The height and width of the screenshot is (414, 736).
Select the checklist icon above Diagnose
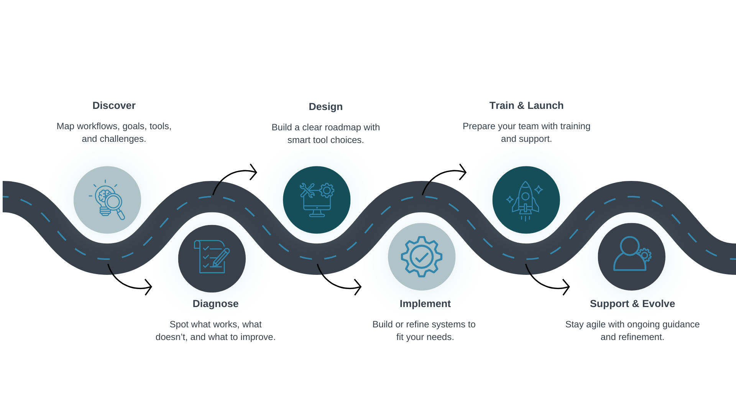point(212,257)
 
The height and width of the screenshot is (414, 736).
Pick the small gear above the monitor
point(327,190)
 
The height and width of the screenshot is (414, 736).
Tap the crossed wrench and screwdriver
point(307,191)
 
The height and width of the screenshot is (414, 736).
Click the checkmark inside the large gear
point(422,257)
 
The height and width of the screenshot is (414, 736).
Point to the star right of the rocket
point(539,189)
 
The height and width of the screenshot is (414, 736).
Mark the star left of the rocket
point(509,199)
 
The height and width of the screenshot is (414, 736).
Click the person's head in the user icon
point(629,246)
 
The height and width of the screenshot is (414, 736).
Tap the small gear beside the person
point(645,255)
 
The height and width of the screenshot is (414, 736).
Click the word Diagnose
point(215,304)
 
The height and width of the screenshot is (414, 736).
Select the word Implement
point(425,304)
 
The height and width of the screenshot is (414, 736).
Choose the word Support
point(609,304)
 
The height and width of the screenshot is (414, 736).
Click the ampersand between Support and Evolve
point(636,304)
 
